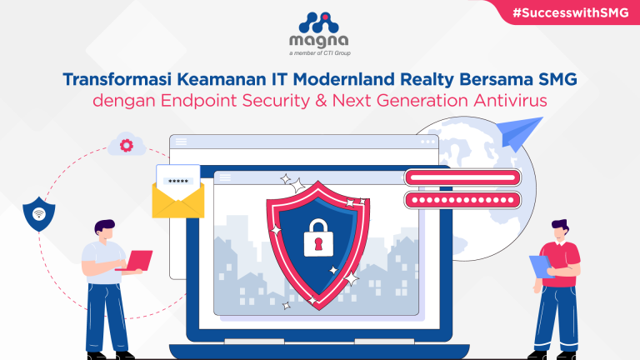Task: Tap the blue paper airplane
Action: pos(514,136)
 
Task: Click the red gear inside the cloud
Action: pos(126,145)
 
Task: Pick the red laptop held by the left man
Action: pos(136,262)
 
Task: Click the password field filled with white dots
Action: pos(462,200)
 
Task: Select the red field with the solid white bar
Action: pos(462,177)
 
